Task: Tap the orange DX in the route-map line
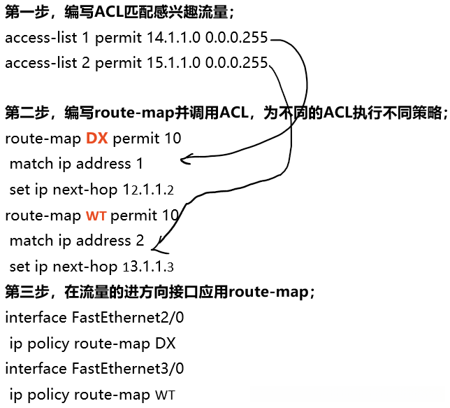click(96, 139)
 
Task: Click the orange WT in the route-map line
click(96, 216)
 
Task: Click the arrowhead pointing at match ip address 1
click(184, 161)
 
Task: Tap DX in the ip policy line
click(166, 343)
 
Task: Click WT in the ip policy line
click(165, 395)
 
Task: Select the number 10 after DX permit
click(173, 139)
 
